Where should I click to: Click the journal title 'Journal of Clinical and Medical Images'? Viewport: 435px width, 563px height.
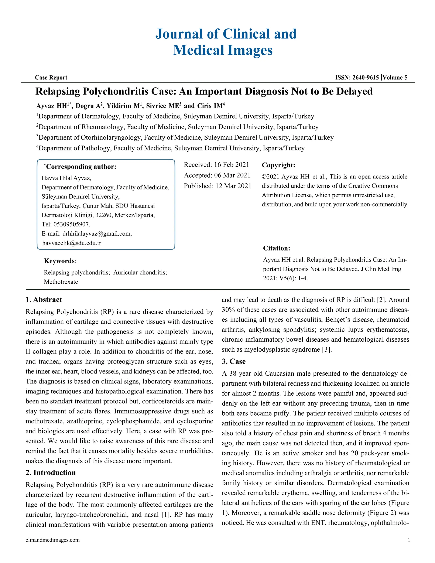[x=226, y=42]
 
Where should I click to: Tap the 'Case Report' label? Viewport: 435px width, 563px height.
[x=51, y=78]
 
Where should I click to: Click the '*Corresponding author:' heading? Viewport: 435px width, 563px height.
[x=81, y=167]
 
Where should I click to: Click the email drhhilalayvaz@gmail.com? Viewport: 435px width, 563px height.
[x=97, y=233]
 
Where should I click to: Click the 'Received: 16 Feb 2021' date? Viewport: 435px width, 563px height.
[x=216, y=165]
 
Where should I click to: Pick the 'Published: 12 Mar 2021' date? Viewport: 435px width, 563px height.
[x=217, y=186]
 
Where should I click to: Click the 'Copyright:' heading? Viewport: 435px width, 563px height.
[x=278, y=165]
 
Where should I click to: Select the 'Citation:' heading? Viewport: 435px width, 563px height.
[x=277, y=248]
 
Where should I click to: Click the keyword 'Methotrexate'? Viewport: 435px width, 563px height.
[x=61, y=282]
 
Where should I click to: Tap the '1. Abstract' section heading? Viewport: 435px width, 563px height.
[x=44, y=300]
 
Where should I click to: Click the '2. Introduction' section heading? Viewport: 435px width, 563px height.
[x=51, y=472]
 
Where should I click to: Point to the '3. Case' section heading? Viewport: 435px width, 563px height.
[x=233, y=361]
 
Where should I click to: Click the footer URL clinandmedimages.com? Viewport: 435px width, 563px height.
[x=53, y=540]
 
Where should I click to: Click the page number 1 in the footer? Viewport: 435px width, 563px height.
[x=409, y=540]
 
